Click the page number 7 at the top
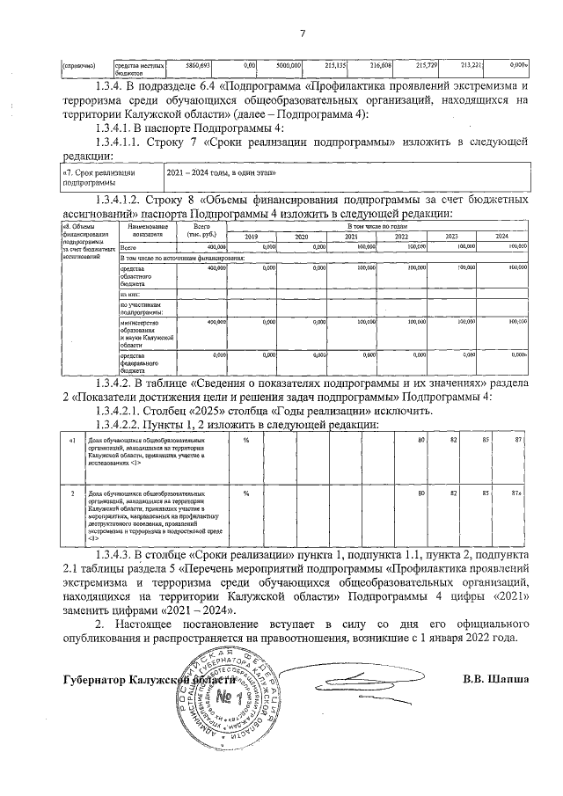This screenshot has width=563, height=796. [x=302, y=33]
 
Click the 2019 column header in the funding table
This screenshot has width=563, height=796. [x=251, y=237]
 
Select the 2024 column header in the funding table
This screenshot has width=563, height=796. [x=502, y=237]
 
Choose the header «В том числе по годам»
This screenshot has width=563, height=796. [x=377, y=227]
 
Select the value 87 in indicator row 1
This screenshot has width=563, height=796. [x=519, y=439]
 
